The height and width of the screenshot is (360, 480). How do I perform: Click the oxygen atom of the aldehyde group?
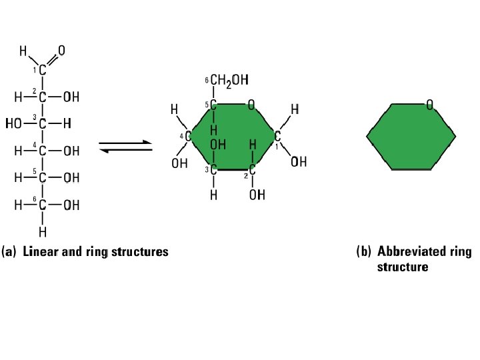tap(61, 50)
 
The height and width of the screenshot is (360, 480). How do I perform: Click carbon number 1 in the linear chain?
tap(43, 70)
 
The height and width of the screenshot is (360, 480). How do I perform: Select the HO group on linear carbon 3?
tap(14, 123)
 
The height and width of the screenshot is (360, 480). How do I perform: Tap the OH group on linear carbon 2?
tap(71, 97)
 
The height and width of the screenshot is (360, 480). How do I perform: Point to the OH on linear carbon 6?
tap(71, 205)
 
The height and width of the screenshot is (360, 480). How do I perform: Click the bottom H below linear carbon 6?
tap(43, 232)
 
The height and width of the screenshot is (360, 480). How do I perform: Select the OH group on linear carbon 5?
tap(71, 178)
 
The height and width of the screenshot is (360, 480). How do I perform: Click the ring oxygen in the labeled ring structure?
tap(251, 104)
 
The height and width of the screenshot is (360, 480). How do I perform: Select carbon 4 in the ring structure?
tap(189, 136)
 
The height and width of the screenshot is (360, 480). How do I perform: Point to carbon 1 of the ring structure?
tap(277, 136)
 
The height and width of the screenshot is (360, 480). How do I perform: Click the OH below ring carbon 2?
tap(257, 195)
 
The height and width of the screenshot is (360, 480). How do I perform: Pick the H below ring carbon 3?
tap(213, 195)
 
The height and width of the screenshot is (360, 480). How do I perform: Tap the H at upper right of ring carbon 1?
tap(295, 108)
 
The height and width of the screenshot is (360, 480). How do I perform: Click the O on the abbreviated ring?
tap(430, 104)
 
